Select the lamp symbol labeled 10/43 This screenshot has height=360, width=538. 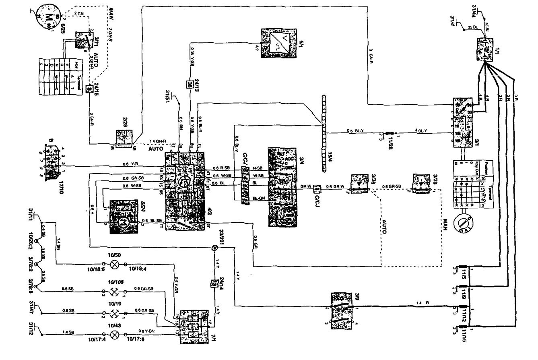pos(115,334)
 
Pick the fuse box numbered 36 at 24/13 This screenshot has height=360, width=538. pos(190,85)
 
